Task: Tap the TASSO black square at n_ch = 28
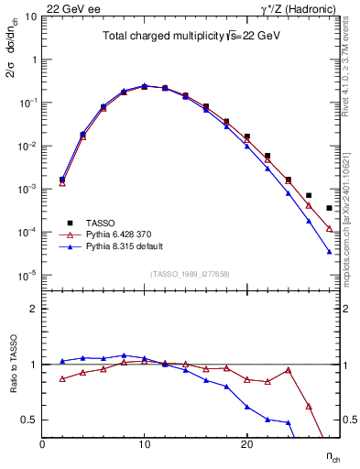click(329, 208)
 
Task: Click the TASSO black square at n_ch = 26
click(309, 195)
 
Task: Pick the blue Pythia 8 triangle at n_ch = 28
click(329, 252)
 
